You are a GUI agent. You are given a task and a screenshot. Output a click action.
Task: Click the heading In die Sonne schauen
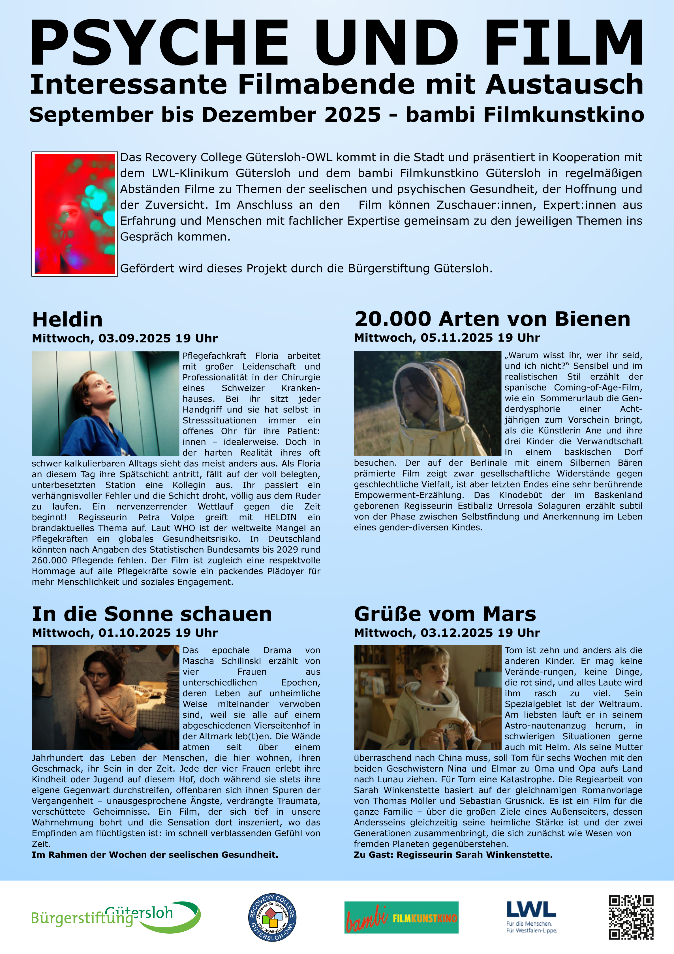click(151, 614)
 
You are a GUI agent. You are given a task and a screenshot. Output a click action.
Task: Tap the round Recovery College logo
click(272, 917)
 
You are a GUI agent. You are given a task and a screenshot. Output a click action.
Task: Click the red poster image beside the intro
click(75, 214)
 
